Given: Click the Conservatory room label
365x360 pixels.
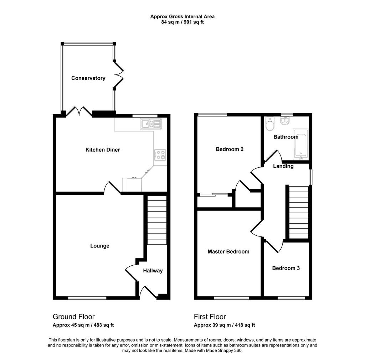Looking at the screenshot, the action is pos(88,78).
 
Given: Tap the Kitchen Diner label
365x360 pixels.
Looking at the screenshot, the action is pos(103,150).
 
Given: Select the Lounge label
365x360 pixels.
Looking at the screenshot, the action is pos(100,246).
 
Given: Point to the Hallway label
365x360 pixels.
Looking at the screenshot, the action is pos(153,271).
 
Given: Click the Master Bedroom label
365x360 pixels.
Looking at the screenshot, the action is pos(228,252).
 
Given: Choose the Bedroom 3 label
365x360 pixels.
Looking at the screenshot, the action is pos(286,268).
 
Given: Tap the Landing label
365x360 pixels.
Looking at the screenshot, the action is pos(283,166).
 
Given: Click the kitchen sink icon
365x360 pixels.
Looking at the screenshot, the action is pos(151,124).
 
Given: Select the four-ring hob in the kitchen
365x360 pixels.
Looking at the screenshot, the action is pos(160,155).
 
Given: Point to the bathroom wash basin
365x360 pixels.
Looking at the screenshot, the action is pos(284,120).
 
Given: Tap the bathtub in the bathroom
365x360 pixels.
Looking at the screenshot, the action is pos(301,144).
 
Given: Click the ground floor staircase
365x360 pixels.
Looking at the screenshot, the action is pos(157,220).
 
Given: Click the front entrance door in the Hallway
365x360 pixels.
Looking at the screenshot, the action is pos(147,292).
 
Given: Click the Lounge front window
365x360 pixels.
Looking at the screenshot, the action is pos(87,298).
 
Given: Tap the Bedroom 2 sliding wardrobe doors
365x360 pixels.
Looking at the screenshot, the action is pos(214,195).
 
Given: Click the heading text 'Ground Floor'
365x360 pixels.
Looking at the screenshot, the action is pos(73,317).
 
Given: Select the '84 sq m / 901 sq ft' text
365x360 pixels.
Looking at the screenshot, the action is pos(182,22).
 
